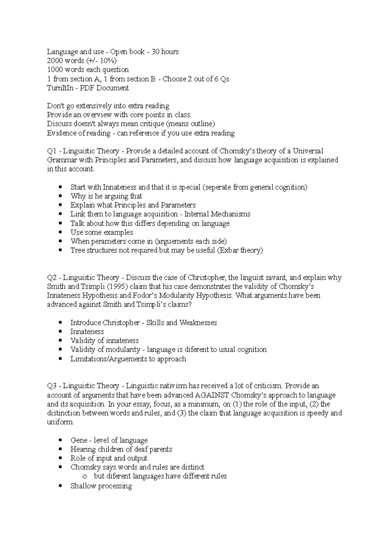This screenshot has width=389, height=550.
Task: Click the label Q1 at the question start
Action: pos(52,151)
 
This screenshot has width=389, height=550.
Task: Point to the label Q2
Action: pos(52,278)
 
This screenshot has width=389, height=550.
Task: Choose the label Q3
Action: pos(52,386)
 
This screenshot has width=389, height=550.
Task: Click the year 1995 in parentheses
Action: pos(118,287)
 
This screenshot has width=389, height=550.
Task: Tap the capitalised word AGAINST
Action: pos(212,395)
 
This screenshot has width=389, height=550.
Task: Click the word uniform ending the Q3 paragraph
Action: pos(60,422)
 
